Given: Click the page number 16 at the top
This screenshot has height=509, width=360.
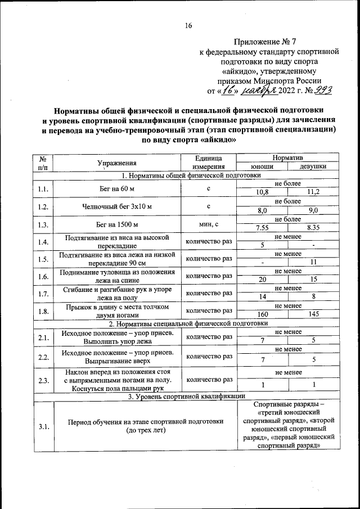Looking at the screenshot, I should (x=188, y=25).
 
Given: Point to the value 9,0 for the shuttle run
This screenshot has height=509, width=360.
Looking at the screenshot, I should (x=313, y=210).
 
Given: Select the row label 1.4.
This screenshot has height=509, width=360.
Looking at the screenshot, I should (x=43, y=242).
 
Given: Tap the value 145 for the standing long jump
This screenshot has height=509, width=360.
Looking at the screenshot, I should (x=313, y=315).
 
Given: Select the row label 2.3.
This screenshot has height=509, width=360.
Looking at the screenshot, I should (x=43, y=380).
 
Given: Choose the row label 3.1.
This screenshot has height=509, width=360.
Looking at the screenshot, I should (x=43, y=426).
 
